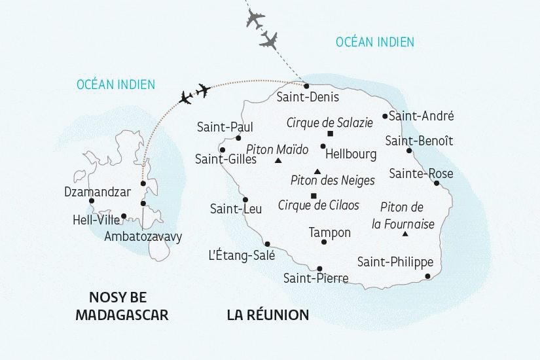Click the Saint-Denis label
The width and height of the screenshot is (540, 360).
pyautogui.click(x=308, y=97)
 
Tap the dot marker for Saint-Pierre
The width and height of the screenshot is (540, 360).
pyautogui.click(x=319, y=269)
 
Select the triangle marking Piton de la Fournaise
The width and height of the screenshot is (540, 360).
pyautogui.click(x=405, y=234)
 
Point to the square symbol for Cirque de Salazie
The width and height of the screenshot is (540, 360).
pyautogui.click(x=330, y=134)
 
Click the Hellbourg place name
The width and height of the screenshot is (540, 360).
pyautogui.click(x=351, y=154)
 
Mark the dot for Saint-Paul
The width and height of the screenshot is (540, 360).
pyautogui.click(x=239, y=138)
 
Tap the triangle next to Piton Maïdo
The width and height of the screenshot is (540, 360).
pyautogui.click(x=278, y=160)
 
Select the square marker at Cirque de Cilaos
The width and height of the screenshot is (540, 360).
pyautogui.click(x=314, y=196)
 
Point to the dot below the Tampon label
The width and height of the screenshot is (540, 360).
pyautogui.click(x=324, y=242)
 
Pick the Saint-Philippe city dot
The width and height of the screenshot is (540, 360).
pyautogui.click(x=427, y=276)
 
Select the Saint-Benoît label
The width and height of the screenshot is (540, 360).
pyautogui.click(x=419, y=141)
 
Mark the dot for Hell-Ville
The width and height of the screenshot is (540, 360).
pyautogui.click(x=124, y=216)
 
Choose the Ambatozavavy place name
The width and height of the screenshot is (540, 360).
pyautogui.click(x=143, y=236)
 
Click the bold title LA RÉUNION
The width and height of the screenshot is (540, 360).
pyautogui.click(x=268, y=315)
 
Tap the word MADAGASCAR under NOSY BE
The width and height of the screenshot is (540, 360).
pyautogui.click(x=122, y=315)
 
